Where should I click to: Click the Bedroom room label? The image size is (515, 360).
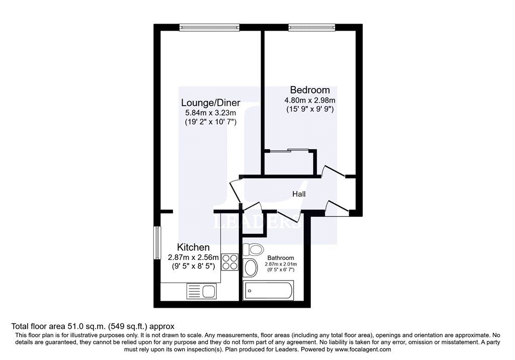(x=310, y=90)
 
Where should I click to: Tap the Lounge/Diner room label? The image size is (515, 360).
(x=211, y=103)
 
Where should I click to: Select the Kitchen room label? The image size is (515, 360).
(x=193, y=247)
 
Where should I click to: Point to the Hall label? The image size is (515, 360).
(x=299, y=194)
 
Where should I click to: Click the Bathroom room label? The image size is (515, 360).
(x=281, y=258)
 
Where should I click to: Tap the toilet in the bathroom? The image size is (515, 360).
(x=252, y=249)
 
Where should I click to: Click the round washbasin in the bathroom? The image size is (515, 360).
(x=250, y=268)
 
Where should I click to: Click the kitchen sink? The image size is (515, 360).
(x=201, y=290)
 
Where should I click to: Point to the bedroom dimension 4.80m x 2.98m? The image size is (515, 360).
(x=310, y=100)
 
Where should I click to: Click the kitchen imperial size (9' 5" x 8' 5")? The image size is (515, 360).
(x=193, y=266)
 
